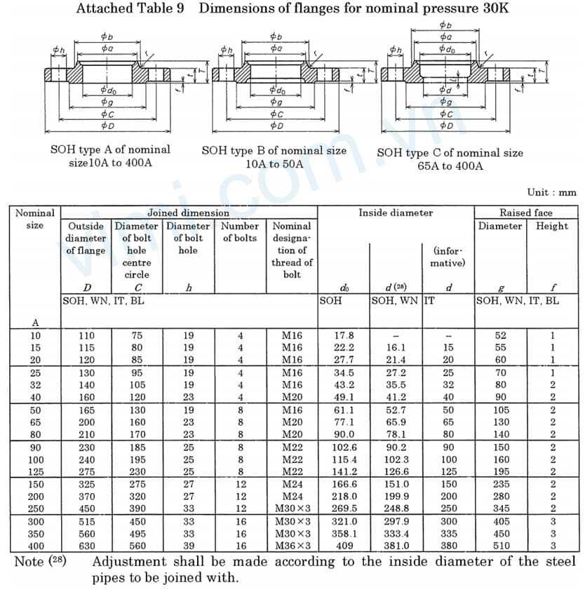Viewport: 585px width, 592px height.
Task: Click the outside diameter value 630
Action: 86,546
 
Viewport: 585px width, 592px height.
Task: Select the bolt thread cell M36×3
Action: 292,546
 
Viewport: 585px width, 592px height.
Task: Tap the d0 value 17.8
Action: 344,335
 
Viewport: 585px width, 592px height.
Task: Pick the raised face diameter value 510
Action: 501,546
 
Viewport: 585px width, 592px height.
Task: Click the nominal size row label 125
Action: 35,471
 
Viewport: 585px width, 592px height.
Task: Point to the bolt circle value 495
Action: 137,534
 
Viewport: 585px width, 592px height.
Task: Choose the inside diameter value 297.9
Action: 396,521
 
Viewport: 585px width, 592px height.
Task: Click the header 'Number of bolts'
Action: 240,232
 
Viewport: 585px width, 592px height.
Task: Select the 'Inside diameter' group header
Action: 396,213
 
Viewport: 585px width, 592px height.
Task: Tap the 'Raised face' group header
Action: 525,213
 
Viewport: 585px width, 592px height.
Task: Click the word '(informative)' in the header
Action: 449,257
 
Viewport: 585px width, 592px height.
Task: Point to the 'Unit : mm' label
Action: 551,192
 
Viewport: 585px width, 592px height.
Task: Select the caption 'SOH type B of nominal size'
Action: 274,150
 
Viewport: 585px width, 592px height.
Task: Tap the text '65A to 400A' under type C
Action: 450,166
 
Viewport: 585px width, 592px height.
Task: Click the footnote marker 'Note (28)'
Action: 40,561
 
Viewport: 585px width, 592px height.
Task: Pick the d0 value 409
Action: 344,546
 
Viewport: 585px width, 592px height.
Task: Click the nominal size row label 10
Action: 35,335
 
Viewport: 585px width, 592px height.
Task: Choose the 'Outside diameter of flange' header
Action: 86,238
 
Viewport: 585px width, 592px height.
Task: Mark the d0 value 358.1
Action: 344,534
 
